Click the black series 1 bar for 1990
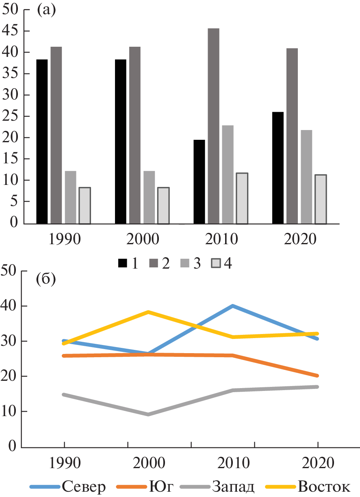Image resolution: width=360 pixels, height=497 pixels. pos(42,141)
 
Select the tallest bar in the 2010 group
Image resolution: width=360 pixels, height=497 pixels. pos(213,126)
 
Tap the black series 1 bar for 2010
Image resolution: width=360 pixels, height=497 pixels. pos(199,182)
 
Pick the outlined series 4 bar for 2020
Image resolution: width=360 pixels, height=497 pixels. pos(321,199)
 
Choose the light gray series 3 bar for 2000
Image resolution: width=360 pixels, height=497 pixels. pos(149,197)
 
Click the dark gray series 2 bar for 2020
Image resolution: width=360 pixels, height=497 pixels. pos(292,136)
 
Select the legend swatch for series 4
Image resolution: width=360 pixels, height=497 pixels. pos(215,264)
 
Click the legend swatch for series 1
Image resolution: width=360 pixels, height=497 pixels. pos(122,264)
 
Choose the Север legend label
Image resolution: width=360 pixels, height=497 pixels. pos(84,486)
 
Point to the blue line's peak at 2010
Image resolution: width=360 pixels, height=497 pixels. pos(232,306)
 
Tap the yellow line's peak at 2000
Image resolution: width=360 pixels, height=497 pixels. pos(148,312)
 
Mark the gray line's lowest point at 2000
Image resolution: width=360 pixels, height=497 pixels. pos(148,415)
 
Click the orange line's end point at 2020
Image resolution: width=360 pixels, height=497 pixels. pos(317,375)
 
